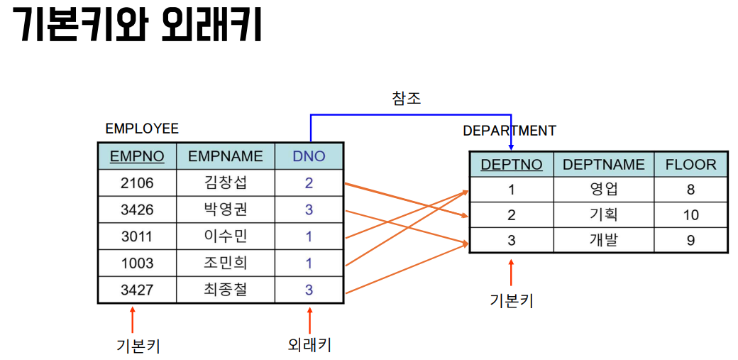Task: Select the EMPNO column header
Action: tap(137, 156)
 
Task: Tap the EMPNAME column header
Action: tap(226, 156)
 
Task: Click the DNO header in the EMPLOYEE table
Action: tap(309, 156)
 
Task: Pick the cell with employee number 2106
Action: tap(137, 183)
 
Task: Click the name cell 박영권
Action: tap(226, 210)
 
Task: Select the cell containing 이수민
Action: tap(226, 236)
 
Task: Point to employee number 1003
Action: tap(137, 263)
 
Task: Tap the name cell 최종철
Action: tap(226, 290)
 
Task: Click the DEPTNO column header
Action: tap(512, 165)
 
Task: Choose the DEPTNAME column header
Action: tap(604, 165)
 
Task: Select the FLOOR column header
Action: tap(690, 165)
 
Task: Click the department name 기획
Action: tap(604, 215)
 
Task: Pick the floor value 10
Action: tap(690, 215)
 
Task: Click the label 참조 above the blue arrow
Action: tap(407, 98)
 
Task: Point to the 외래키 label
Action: tap(310, 345)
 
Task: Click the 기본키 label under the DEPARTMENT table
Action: tap(511, 300)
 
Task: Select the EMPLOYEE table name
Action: tap(142, 129)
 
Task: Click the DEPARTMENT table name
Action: tap(510, 131)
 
